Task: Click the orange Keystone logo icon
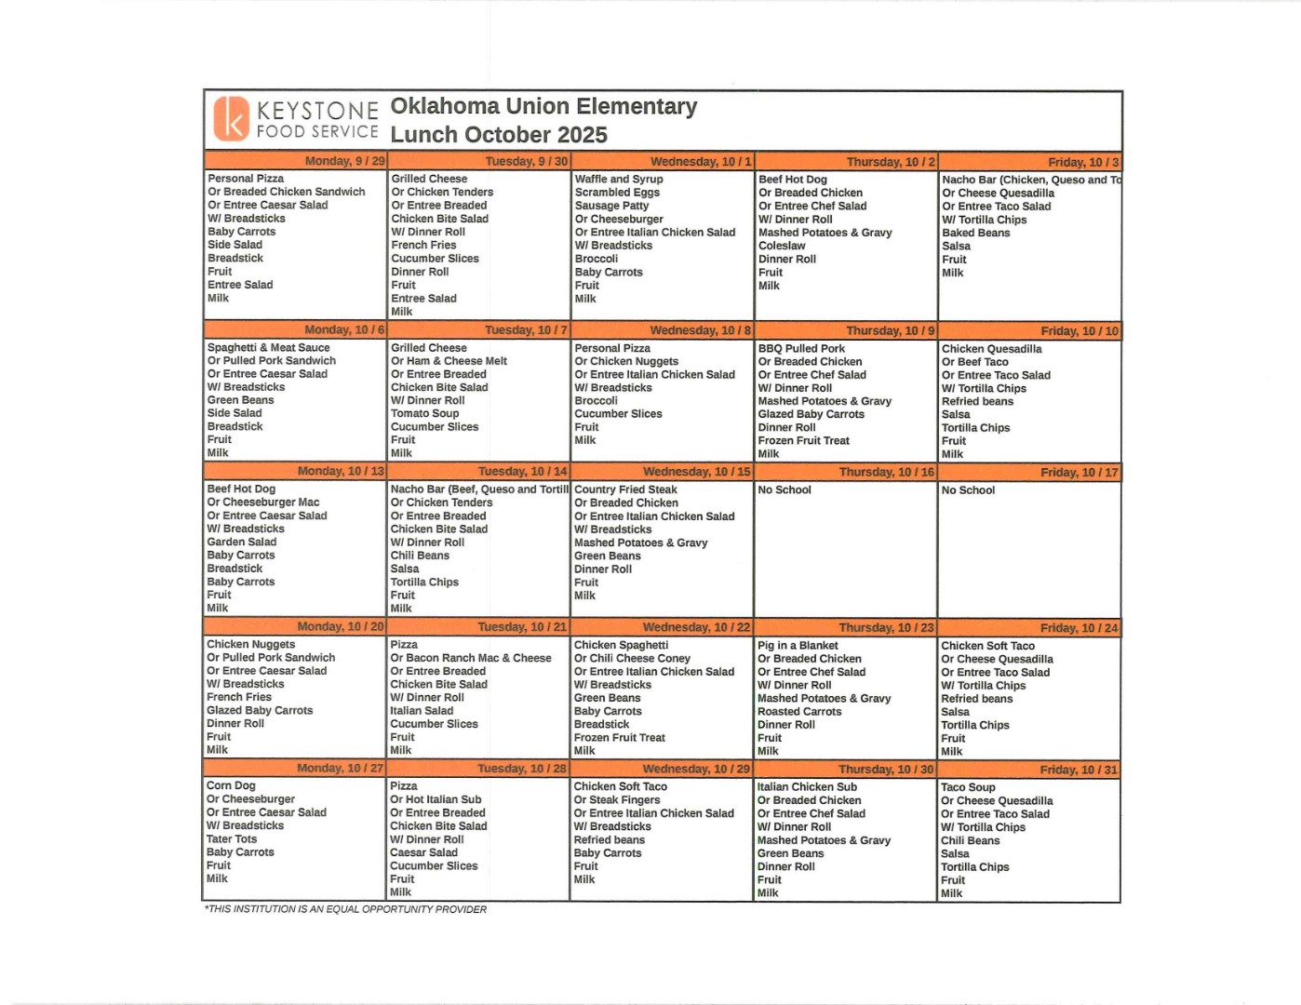point(231,119)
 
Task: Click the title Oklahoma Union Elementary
point(543,107)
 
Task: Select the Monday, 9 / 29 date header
point(344,161)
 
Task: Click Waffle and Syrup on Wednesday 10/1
point(619,179)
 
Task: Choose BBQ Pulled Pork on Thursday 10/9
point(801,348)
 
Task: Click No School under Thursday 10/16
point(785,489)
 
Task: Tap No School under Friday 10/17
point(968,489)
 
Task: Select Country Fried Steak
point(625,489)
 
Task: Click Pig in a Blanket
point(798,645)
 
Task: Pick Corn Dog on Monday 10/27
point(231,785)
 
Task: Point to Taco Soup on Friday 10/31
point(968,787)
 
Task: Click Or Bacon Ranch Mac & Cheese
point(471,658)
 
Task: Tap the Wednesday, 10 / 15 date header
point(696,472)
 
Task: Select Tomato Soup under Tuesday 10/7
point(424,413)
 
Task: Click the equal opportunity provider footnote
point(345,909)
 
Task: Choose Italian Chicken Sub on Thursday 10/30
point(807,786)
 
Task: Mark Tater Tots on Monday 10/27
point(232,838)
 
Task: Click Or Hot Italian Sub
point(436,799)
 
